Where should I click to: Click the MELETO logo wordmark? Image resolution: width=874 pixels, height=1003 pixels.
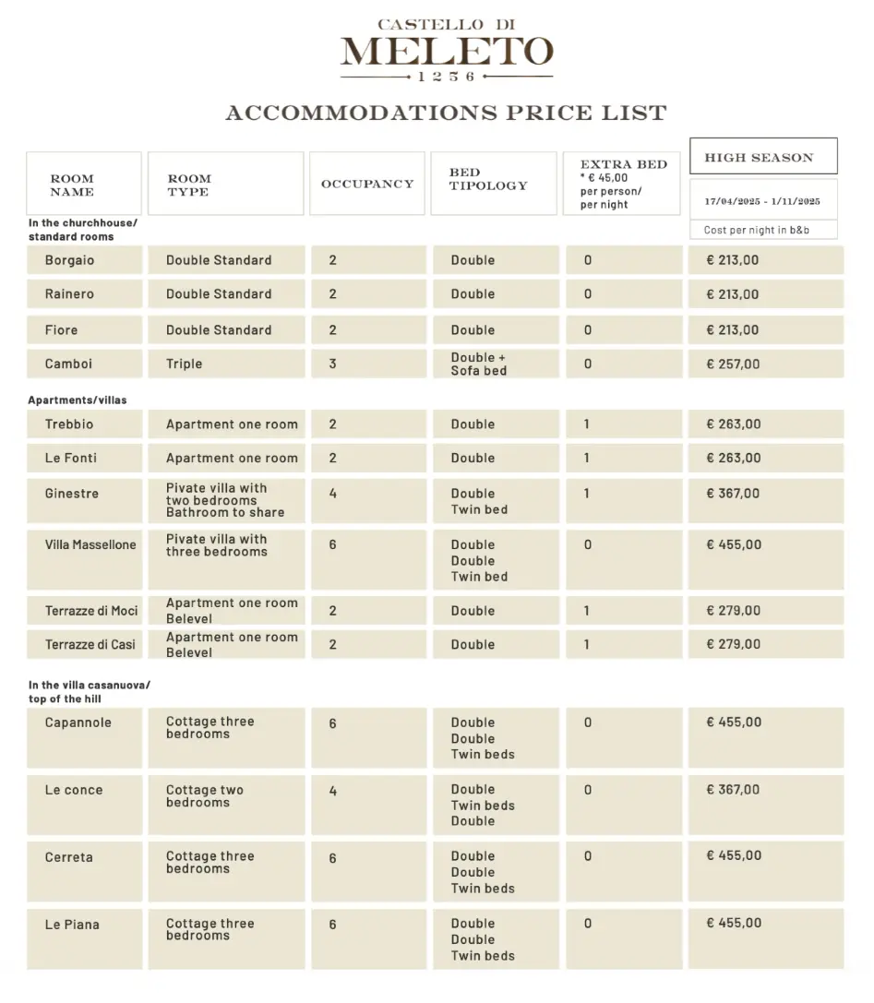(x=447, y=52)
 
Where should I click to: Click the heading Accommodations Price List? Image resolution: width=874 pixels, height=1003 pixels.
(x=446, y=113)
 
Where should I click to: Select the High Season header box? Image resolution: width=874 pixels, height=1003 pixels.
(x=763, y=157)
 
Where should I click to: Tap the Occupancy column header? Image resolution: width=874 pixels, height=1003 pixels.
(x=367, y=184)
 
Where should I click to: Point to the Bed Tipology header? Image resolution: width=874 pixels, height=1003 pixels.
(x=488, y=179)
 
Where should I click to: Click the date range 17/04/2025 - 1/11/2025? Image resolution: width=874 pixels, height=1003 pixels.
(x=762, y=200)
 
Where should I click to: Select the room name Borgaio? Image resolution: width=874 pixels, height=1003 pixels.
(x=70, y=260)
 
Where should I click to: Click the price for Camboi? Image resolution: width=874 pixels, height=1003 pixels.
(x=734, y=364)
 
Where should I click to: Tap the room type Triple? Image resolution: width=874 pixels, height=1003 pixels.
(x=185, y=364)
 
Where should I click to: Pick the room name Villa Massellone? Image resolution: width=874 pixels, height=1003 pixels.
(x=90, y=545)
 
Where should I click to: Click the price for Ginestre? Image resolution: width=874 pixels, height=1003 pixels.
(x=734, y=494)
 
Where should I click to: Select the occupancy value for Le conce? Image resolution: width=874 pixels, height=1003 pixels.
(x=333, y=791)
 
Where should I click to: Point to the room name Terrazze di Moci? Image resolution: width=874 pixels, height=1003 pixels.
(x=91, y=611)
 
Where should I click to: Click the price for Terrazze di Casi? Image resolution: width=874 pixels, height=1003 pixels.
(x=734, y=644)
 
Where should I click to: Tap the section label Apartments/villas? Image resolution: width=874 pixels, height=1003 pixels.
(x=78, y=400)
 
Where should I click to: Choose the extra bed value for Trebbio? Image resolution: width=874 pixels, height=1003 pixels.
(x=587, y=424)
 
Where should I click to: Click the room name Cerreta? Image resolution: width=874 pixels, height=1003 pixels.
(x=69, y=857)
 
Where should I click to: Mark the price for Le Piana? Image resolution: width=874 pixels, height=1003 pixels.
(x=734, y=923)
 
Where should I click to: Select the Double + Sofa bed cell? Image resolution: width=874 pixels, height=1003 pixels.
(x=479, y=364)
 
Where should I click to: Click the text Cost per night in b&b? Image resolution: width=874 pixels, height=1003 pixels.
(x=757, y=230)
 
